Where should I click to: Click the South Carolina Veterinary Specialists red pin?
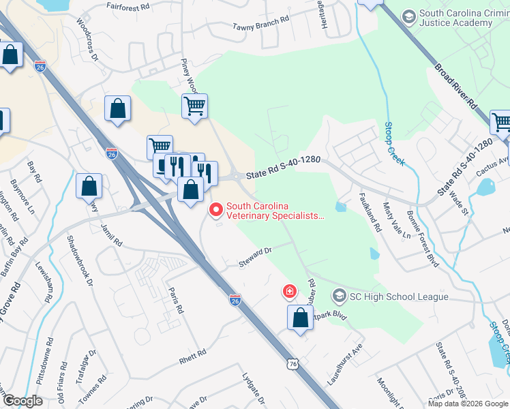(217, 210)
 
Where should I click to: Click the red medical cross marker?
(290, 292)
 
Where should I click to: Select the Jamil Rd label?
(110, 234)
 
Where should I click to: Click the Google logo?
(22, 401)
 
